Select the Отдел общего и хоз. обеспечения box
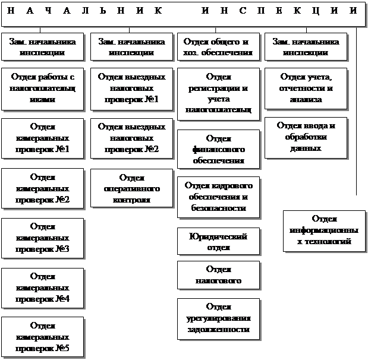tap(218, 47)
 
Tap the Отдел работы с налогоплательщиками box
tap(42, 89)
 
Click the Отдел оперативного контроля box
tap(128, 188)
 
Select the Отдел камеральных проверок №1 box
tap(42, 138)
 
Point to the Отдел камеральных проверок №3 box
tap(42, 238)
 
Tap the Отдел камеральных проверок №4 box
tap(42, 288)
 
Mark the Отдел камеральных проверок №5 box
tap(42, 337)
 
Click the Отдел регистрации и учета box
tap(218, 94)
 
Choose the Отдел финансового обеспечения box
tap(218, 149)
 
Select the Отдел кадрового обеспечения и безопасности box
tap(218, 197)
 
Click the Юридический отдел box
tap(218, 242)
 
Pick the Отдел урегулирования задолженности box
tap(218, 318)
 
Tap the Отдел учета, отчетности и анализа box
tap(306, 89)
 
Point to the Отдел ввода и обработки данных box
tap(306, 138)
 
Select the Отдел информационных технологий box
tap(324, 230)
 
